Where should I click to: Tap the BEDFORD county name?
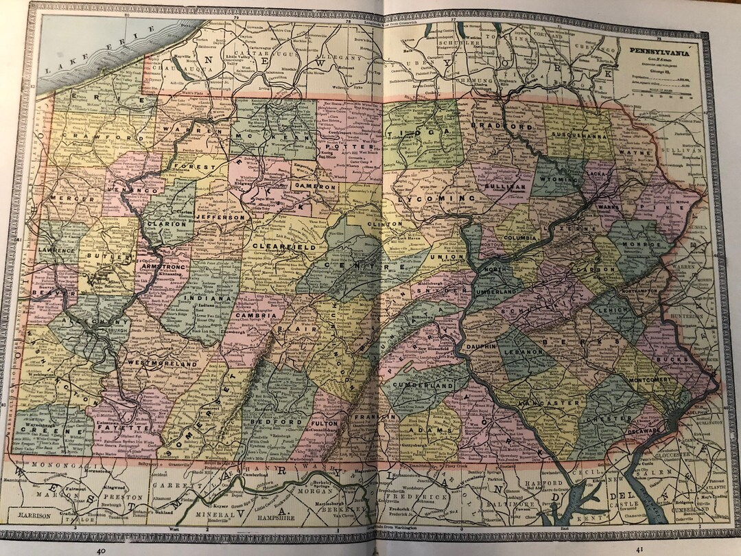(278, 420)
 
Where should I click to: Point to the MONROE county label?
(641, 244)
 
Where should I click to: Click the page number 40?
(102, 549)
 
